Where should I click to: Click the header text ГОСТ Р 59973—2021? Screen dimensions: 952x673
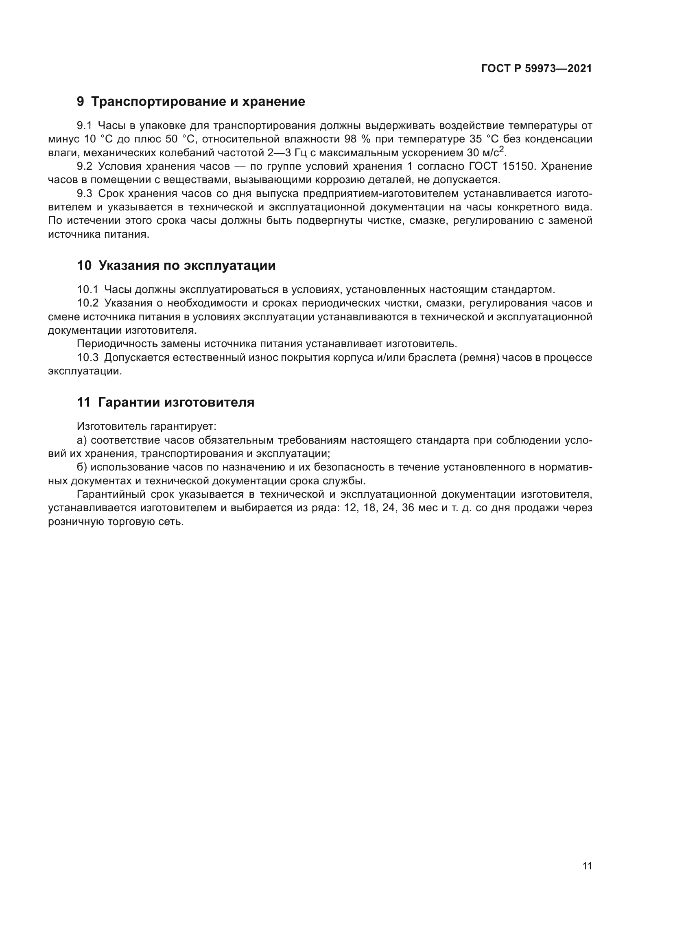click(x=536, y=69)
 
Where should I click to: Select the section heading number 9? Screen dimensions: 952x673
click(x=81, y=102)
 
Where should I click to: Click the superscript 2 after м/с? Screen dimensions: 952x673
click(x=502, y=149)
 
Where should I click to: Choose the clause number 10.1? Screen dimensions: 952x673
click(x=87, y=289)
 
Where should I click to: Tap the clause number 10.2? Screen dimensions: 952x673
click(x=87, y=303)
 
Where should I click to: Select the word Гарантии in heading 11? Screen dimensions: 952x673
click(x=129, y=402)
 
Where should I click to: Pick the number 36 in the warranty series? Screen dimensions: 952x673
click(x=408, y=508)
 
